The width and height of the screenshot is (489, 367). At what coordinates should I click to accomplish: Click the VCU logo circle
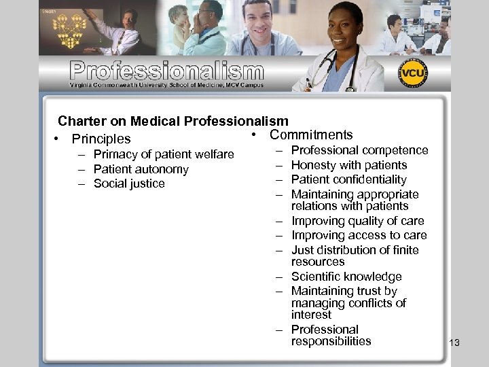413,73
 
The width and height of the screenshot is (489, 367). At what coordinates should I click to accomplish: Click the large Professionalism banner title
166,71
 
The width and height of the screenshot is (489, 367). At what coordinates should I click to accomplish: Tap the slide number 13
454,343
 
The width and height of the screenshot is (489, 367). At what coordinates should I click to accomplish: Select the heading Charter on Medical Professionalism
173,121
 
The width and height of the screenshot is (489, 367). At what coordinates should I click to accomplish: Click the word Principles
101,139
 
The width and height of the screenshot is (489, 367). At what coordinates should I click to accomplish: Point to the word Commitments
311,135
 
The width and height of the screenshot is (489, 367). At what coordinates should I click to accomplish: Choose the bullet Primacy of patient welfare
164,154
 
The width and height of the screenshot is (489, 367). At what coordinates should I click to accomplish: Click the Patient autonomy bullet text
141,169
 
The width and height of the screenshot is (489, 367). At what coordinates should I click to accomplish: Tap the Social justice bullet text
129,183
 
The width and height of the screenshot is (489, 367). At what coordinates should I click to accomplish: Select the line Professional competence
360,150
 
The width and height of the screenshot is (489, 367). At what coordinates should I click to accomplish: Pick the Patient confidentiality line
349,179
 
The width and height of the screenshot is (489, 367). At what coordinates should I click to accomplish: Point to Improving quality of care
358,221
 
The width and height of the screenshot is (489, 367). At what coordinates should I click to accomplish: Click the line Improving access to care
359,235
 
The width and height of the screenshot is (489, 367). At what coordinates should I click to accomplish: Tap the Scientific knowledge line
346,277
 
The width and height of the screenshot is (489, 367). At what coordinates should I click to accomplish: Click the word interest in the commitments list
312,315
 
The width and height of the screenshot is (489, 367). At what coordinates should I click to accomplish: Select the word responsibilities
331,341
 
